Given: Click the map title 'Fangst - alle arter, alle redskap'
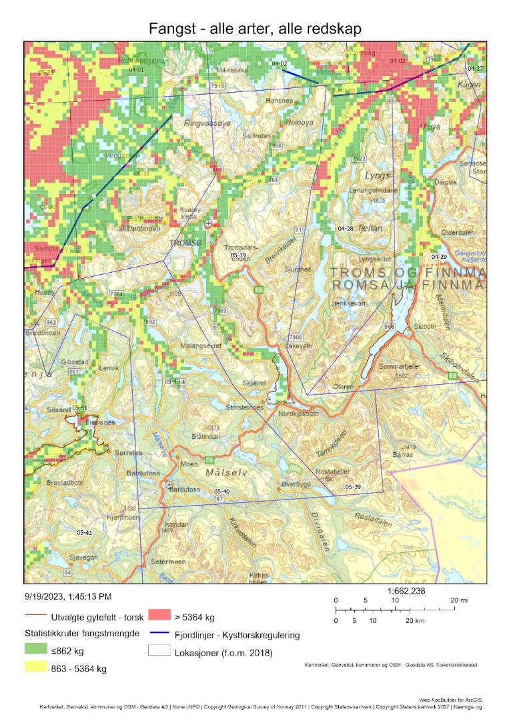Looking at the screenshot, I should pyautogui.click(x=255, y=29).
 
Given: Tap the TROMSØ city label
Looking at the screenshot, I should pyautogui.click(x=184, y=243).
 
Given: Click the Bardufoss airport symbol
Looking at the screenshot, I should pyautogui.click(x=169, y=484).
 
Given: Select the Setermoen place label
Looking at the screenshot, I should pyautogui.click(x=168, y=562).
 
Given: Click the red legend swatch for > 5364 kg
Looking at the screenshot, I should pyautogui.click(x=159, y=616).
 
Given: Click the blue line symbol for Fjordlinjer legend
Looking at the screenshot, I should pyautogui.click(x=159, y=635).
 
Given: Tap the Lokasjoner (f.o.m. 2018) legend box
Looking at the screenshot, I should pyautogui.click(x=159, y=652).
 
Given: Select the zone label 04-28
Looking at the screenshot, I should pyautogui.click(x=346, y=229).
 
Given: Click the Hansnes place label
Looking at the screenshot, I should pyautogui.click(x=279, y=100).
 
